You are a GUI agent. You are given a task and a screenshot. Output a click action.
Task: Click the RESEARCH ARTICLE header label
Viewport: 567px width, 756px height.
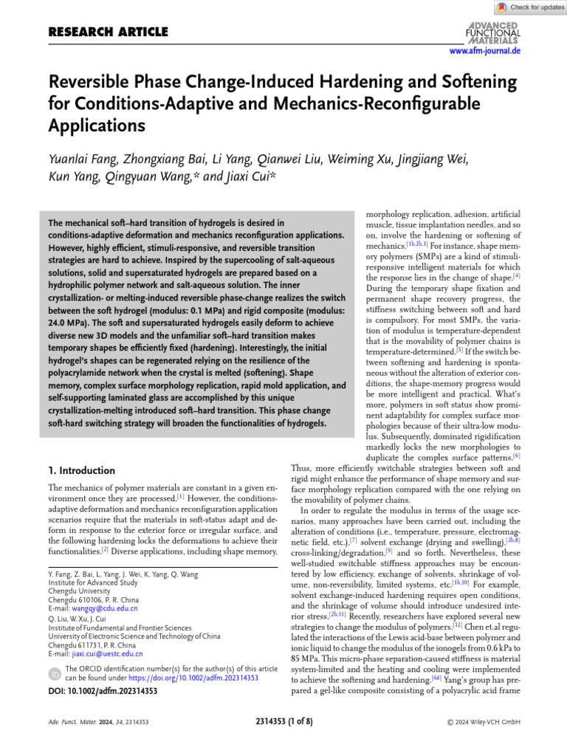108,32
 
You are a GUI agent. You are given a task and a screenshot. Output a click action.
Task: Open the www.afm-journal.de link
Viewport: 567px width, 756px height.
485,51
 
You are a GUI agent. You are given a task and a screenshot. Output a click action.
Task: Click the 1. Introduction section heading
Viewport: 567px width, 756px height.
81,470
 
